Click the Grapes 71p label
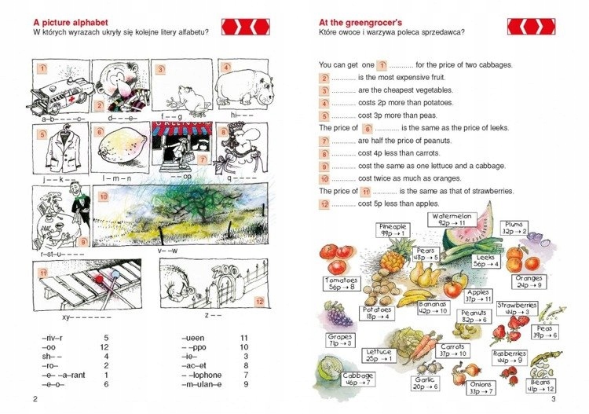pyautogui.click(x=339, y=340)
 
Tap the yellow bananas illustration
pyautogui.click(x=416, y=297)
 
